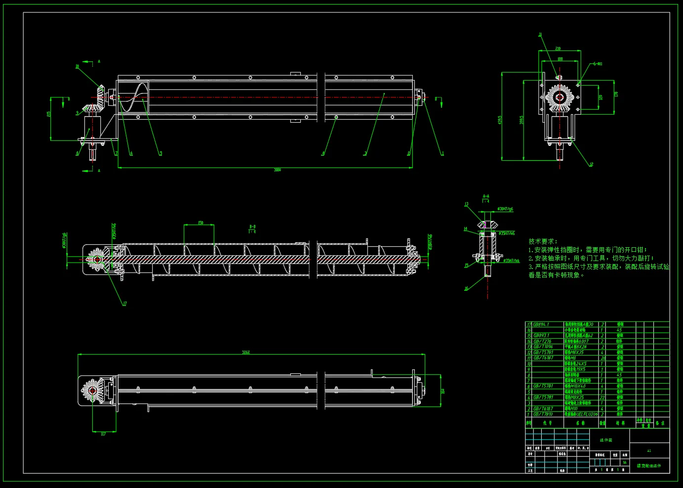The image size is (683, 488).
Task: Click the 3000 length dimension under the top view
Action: click(278, 170)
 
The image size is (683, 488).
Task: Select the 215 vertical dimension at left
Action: click(49, 114)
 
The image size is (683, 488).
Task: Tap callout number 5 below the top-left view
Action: click(161, 154)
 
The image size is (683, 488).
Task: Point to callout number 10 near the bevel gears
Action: click(77, 66)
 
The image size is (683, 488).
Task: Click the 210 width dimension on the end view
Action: click(558, 49)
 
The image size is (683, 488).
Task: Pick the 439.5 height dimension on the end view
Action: click(500, 120)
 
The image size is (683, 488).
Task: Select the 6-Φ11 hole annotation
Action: click(598, 64)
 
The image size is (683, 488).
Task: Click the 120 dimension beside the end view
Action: click(601, 97)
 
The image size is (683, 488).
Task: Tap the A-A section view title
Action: click(486, 197)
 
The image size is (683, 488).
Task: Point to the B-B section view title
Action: click(252, 227)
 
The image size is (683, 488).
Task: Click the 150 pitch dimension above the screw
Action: click(201, 223)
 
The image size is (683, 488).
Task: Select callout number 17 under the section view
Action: click(124, 304)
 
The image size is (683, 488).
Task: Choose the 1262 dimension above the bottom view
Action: click(246, 353)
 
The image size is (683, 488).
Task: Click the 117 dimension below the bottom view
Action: click(103, 434)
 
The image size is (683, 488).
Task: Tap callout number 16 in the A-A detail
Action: click(466, 289)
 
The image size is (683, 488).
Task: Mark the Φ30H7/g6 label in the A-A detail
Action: click(505, 210)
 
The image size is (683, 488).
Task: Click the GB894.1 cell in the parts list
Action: click(541, 324)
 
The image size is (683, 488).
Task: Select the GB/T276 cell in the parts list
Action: click(542, 341)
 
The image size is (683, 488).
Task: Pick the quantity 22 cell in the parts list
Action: click(602, 398)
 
